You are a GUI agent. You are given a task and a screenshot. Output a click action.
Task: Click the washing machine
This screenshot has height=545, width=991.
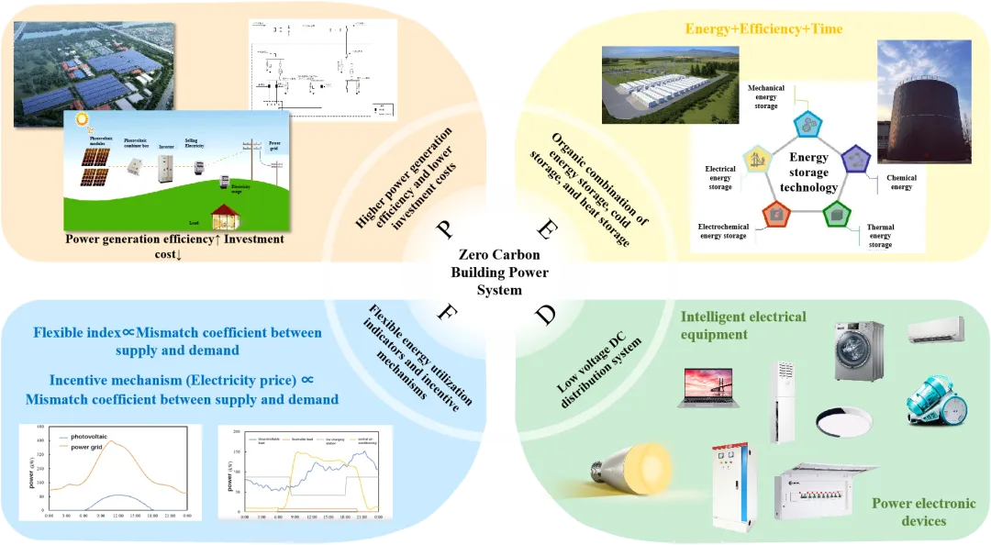pyautogui.click(x=858, y=350)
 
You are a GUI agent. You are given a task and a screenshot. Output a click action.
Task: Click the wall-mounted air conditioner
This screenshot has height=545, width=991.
pyautogui.click(x=937, y=329)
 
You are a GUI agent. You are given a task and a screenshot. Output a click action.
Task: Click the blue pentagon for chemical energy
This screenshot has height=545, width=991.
pyautogui.click(x=855, y=157)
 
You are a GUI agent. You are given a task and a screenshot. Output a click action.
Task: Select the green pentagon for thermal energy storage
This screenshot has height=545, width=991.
pyautogui.click(x=836, y=214)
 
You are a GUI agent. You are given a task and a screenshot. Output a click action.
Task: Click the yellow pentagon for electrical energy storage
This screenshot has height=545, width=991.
pyautogui.click(x=761, y=159)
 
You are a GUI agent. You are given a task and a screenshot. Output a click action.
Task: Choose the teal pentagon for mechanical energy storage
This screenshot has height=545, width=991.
pyautogui.click(x=807, y=123)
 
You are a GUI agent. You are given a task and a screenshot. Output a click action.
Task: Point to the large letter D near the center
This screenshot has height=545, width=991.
pyautogui.click(x=546, y=315)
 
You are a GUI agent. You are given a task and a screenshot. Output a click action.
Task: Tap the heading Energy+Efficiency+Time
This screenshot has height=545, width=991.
pyautogui.click(x=763, y=29)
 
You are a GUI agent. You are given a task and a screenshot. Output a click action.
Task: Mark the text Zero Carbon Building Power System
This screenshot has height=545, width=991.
pyautogui.click(x=499, y=272)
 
